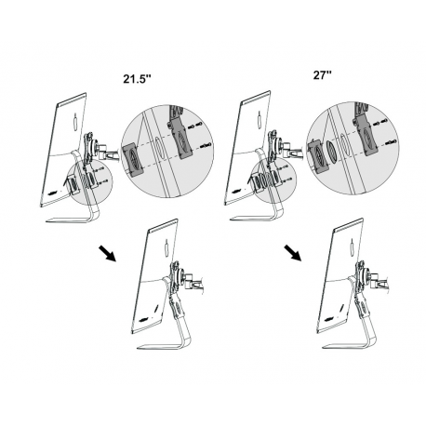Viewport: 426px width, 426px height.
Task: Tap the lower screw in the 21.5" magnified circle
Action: tap(205, 148)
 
